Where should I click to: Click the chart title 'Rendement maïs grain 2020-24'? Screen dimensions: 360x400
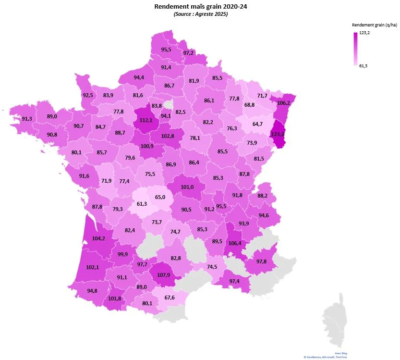point(201,6)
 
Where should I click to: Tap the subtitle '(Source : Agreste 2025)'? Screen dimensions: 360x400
point(201,14)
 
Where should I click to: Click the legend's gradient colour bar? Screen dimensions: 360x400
point(355,49)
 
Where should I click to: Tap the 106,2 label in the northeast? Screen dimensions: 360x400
point(284,103)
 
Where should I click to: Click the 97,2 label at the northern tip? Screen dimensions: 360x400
point(188,53)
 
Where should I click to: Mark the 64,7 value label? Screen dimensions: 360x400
point(257,124)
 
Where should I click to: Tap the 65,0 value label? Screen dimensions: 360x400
point(160,197)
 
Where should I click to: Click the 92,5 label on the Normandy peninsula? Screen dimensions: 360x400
point(88,95)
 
